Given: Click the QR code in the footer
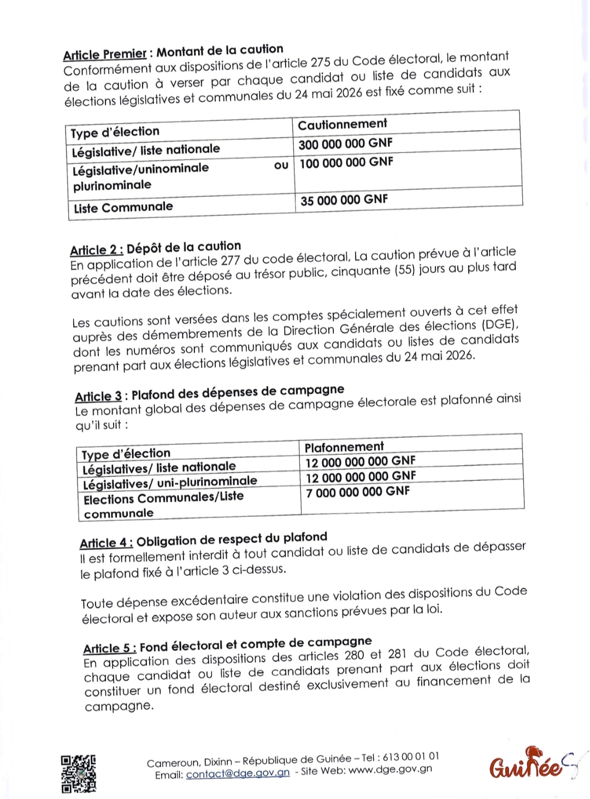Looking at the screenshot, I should (79, 773).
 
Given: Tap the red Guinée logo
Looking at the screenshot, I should (526, 765).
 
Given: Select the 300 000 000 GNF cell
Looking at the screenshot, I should (345, 144).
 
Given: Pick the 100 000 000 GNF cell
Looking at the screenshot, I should (346, 163).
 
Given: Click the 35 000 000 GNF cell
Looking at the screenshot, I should (344, 200).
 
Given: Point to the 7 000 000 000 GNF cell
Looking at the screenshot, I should (358, 492).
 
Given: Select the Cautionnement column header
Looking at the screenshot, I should (343, 125).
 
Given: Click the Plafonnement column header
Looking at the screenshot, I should (344, 447).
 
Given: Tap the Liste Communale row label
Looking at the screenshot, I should (123, 208).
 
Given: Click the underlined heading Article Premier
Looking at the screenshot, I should (105, 55).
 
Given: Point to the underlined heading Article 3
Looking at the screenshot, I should (98, 396).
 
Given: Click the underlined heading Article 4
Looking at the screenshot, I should (106, 543).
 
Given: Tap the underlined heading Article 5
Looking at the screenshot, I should (109, 649).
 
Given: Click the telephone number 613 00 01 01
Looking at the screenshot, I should (411, 757).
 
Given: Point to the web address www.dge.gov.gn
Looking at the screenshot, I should (390, 769).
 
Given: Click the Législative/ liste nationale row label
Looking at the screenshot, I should (146, 150).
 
